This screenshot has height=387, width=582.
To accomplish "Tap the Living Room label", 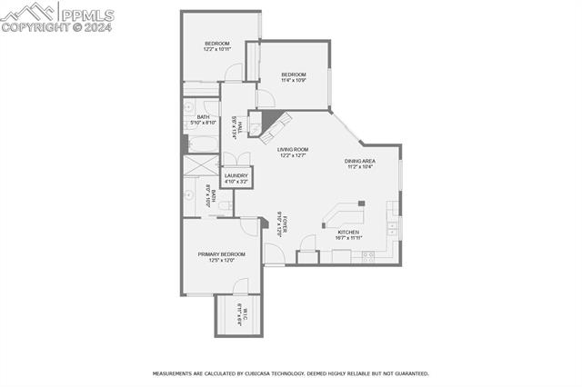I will (x=293, y=149).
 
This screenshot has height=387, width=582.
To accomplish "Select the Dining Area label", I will (x=359, y=161).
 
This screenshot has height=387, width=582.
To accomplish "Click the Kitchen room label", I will (x=348, y=233).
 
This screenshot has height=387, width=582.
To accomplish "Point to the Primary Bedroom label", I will (x=222, y=254).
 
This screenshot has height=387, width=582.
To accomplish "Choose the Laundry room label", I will (x=236, y=175).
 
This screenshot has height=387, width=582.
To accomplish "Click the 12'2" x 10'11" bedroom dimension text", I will (x=216, y=49).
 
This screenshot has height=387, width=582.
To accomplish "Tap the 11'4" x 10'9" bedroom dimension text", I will (x=293, y=80).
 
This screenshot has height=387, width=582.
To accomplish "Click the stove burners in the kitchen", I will (x=368, y=255).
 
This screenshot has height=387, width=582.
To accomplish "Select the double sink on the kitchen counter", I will (x=391, y=227).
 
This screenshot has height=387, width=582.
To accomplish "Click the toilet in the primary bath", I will (x=224, y=208).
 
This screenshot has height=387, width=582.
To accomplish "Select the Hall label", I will (x=235, y=125).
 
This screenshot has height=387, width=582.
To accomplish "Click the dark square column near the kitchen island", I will (x=361, y=203).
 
